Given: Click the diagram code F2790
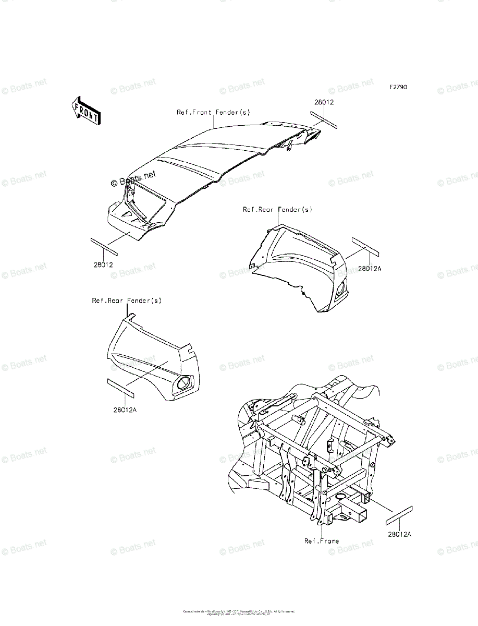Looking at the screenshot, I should pyautogui.click(x=397, y=87).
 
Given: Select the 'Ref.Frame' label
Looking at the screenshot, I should pyautogui.click(x=322, y=541).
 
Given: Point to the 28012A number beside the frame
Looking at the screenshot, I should pyautogui.click(x=399, y=534).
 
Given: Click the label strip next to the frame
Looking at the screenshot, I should pyautogui.click(x=399, y=515).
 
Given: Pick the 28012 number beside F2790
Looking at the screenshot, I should pyautogui.click(x=324, y=103).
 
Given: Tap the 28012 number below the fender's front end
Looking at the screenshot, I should pyautogui.click(x=103, y=264).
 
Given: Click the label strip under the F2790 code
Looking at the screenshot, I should pyautogui.click(x=325, y=119).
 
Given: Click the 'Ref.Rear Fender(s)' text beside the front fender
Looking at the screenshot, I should pyautogui.click(x=270, y=209).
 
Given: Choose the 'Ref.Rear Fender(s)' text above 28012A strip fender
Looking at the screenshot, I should pyautogui.click(x=127, y=300).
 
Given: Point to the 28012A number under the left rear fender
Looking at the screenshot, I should pyautogui.click(x=125, y=410).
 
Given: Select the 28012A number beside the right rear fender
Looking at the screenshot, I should pyautogui.click(x=370, y=268).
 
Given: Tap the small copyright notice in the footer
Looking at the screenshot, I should pyautogui.click(x=239, y=612).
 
